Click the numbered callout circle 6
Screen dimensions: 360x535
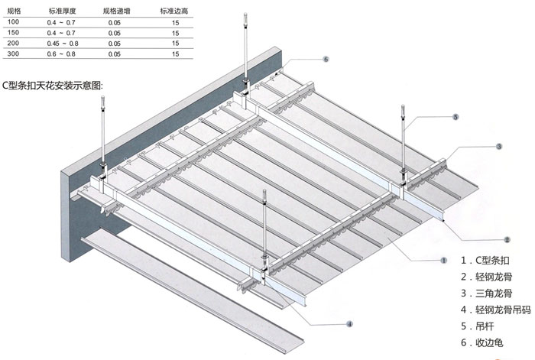(x=326, y=59)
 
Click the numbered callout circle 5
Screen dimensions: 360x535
(x=455, y=117)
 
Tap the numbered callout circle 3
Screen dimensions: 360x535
(x=498, y=146)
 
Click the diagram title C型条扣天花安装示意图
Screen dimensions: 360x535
(x=52, y=85)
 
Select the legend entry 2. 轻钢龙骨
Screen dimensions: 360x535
(x=491, y=277)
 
